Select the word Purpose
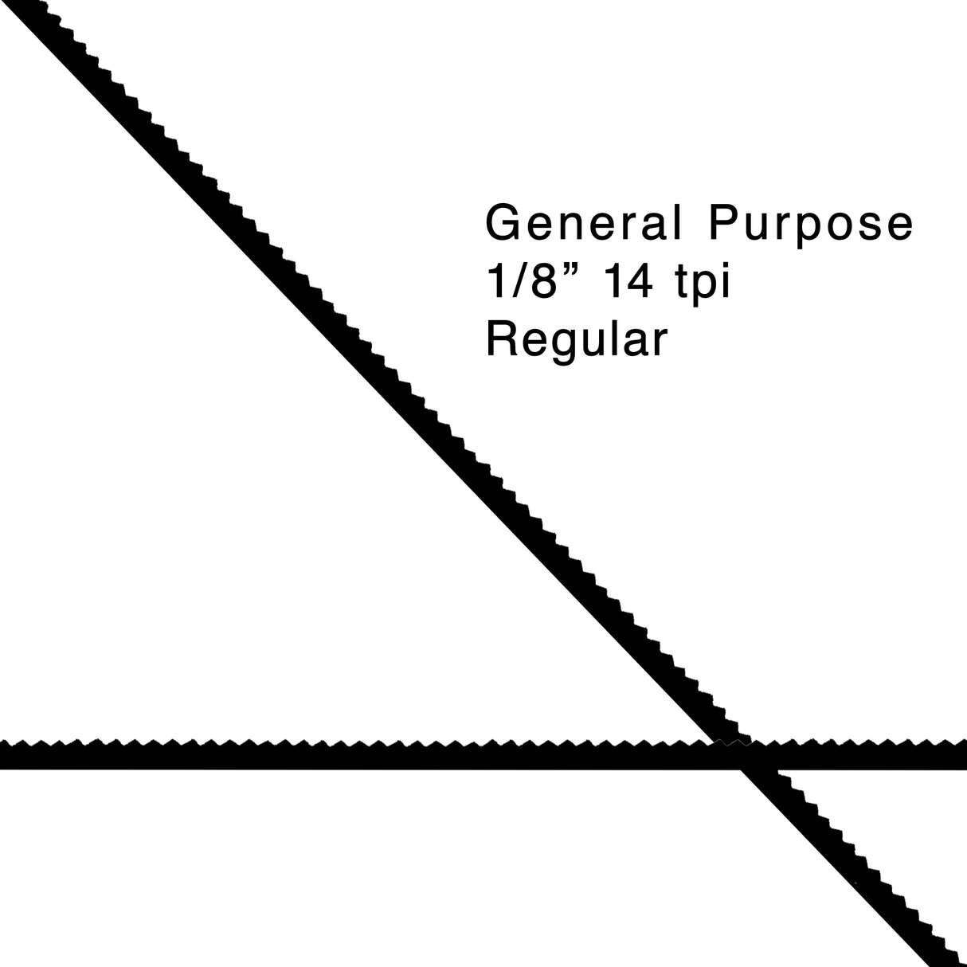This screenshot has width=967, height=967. point(811,225)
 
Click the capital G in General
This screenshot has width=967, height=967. point(503,222)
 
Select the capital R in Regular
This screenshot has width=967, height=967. point(502,339)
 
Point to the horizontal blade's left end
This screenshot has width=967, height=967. point(1,754)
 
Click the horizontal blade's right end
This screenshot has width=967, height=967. point(965,754)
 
